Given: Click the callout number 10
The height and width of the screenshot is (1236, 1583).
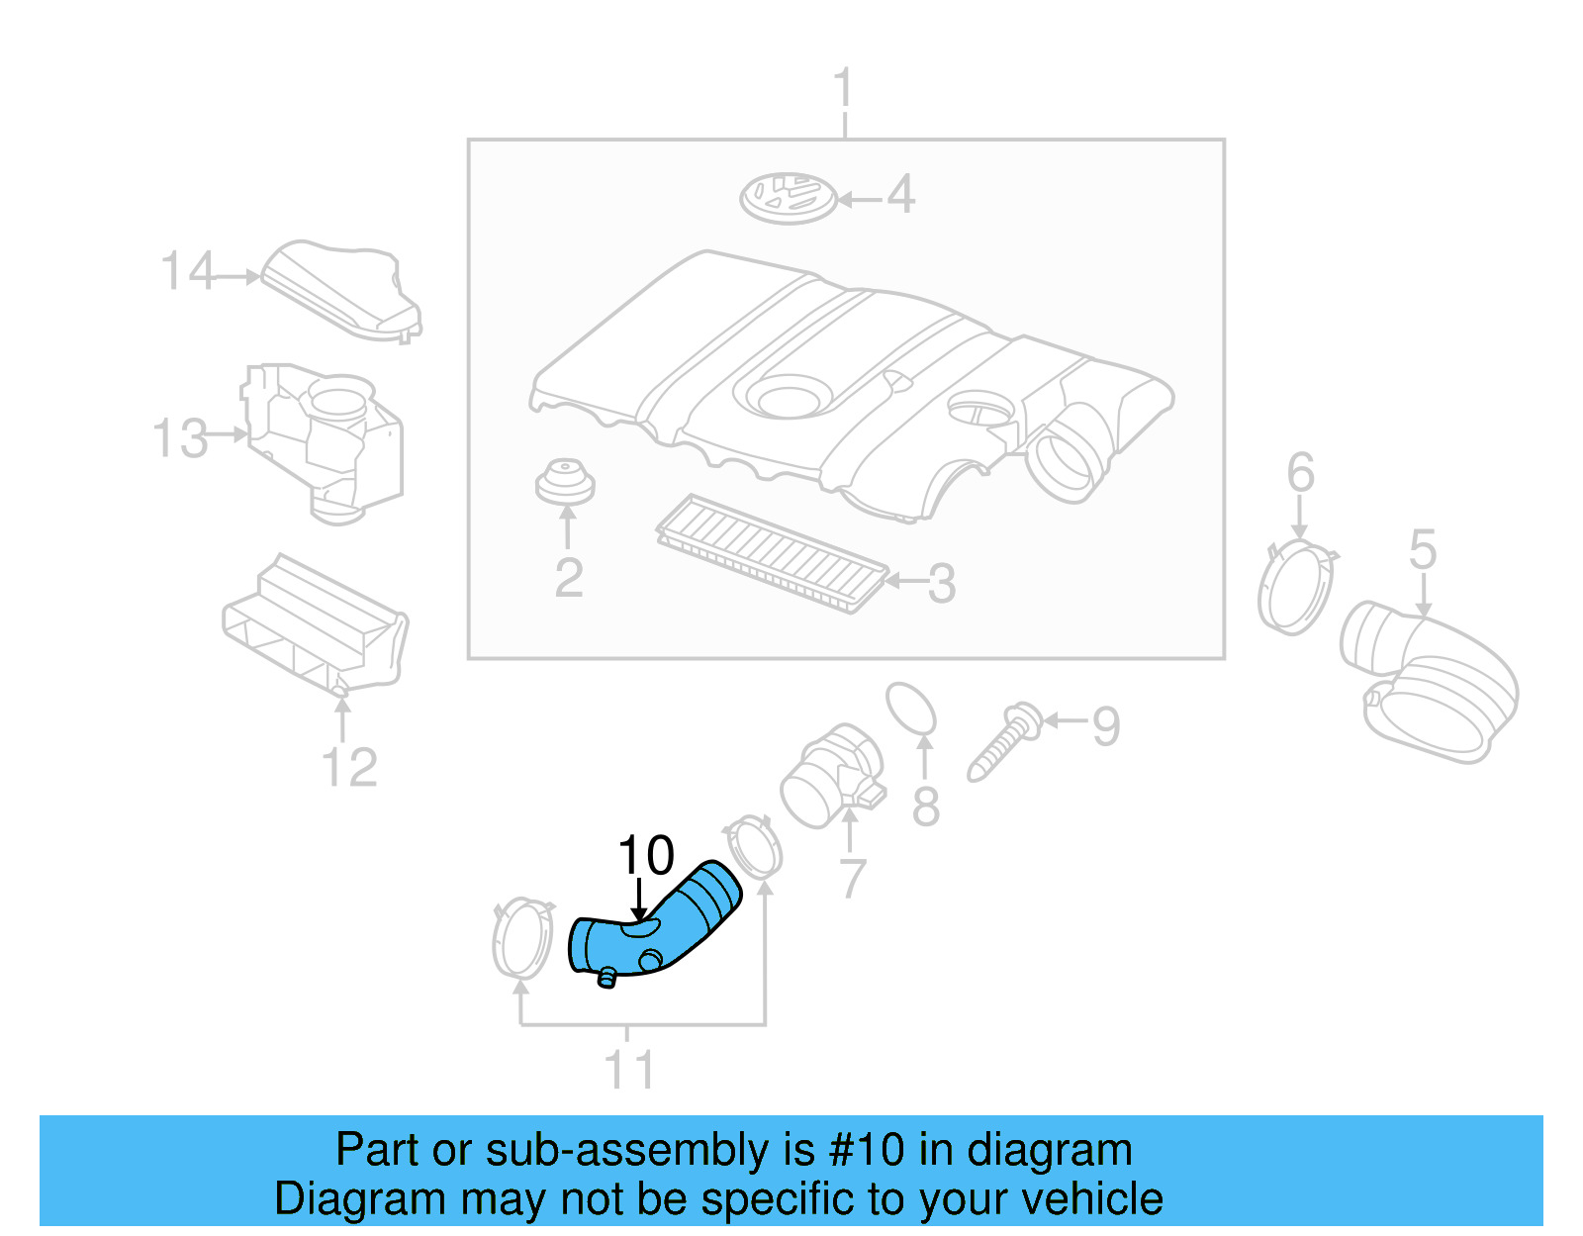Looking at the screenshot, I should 645,856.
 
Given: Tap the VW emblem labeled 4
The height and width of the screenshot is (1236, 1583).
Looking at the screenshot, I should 789,198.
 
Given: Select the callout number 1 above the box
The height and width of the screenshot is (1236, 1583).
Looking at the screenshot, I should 843,89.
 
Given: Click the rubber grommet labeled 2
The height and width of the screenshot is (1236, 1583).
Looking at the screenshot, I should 565,481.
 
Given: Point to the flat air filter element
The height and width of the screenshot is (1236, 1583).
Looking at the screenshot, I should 772,554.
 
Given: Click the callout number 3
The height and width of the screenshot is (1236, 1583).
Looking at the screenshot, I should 942,584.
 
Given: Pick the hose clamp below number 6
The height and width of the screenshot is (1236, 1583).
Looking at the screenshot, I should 1296,588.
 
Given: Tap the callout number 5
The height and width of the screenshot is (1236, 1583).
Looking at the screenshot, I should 1423,550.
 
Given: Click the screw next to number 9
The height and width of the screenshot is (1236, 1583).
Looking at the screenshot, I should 1003,742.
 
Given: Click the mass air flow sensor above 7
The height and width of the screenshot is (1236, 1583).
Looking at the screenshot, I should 831,777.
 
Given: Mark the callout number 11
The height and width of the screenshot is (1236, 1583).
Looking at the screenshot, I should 629,1071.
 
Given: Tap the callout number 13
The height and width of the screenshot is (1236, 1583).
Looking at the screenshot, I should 180,438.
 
